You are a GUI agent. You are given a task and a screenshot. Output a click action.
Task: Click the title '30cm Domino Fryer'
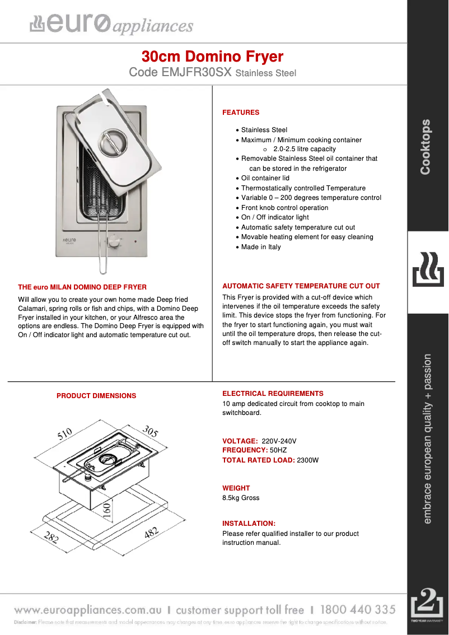[x=212, y=57]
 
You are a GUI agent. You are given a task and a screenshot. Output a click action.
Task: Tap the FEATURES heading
[x=241, y=113]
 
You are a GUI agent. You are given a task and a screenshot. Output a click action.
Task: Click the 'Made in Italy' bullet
[x=261, y=247]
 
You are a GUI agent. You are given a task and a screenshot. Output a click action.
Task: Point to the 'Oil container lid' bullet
[x=265, y=178]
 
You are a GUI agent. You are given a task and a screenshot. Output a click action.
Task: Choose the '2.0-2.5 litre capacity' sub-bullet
[x=304, y=149]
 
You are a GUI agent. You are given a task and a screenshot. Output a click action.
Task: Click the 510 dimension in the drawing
[x=65, y=435]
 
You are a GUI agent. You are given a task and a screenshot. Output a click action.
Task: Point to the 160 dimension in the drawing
[x=106, y=509]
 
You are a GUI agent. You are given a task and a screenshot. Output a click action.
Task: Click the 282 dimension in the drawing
[x=52, y=538]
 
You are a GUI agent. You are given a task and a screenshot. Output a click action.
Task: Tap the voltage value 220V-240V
[x=279, y=441]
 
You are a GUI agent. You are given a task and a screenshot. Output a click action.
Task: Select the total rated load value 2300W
[x=307, y=460]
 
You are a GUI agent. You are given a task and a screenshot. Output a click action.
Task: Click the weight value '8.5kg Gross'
[x=241, y=498]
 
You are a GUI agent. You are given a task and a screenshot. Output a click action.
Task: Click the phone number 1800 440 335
[x=358, y=609]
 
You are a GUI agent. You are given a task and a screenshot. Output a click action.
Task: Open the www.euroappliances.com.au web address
[x=88, y=610]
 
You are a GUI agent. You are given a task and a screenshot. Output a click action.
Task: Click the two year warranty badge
[x=427, y=605]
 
